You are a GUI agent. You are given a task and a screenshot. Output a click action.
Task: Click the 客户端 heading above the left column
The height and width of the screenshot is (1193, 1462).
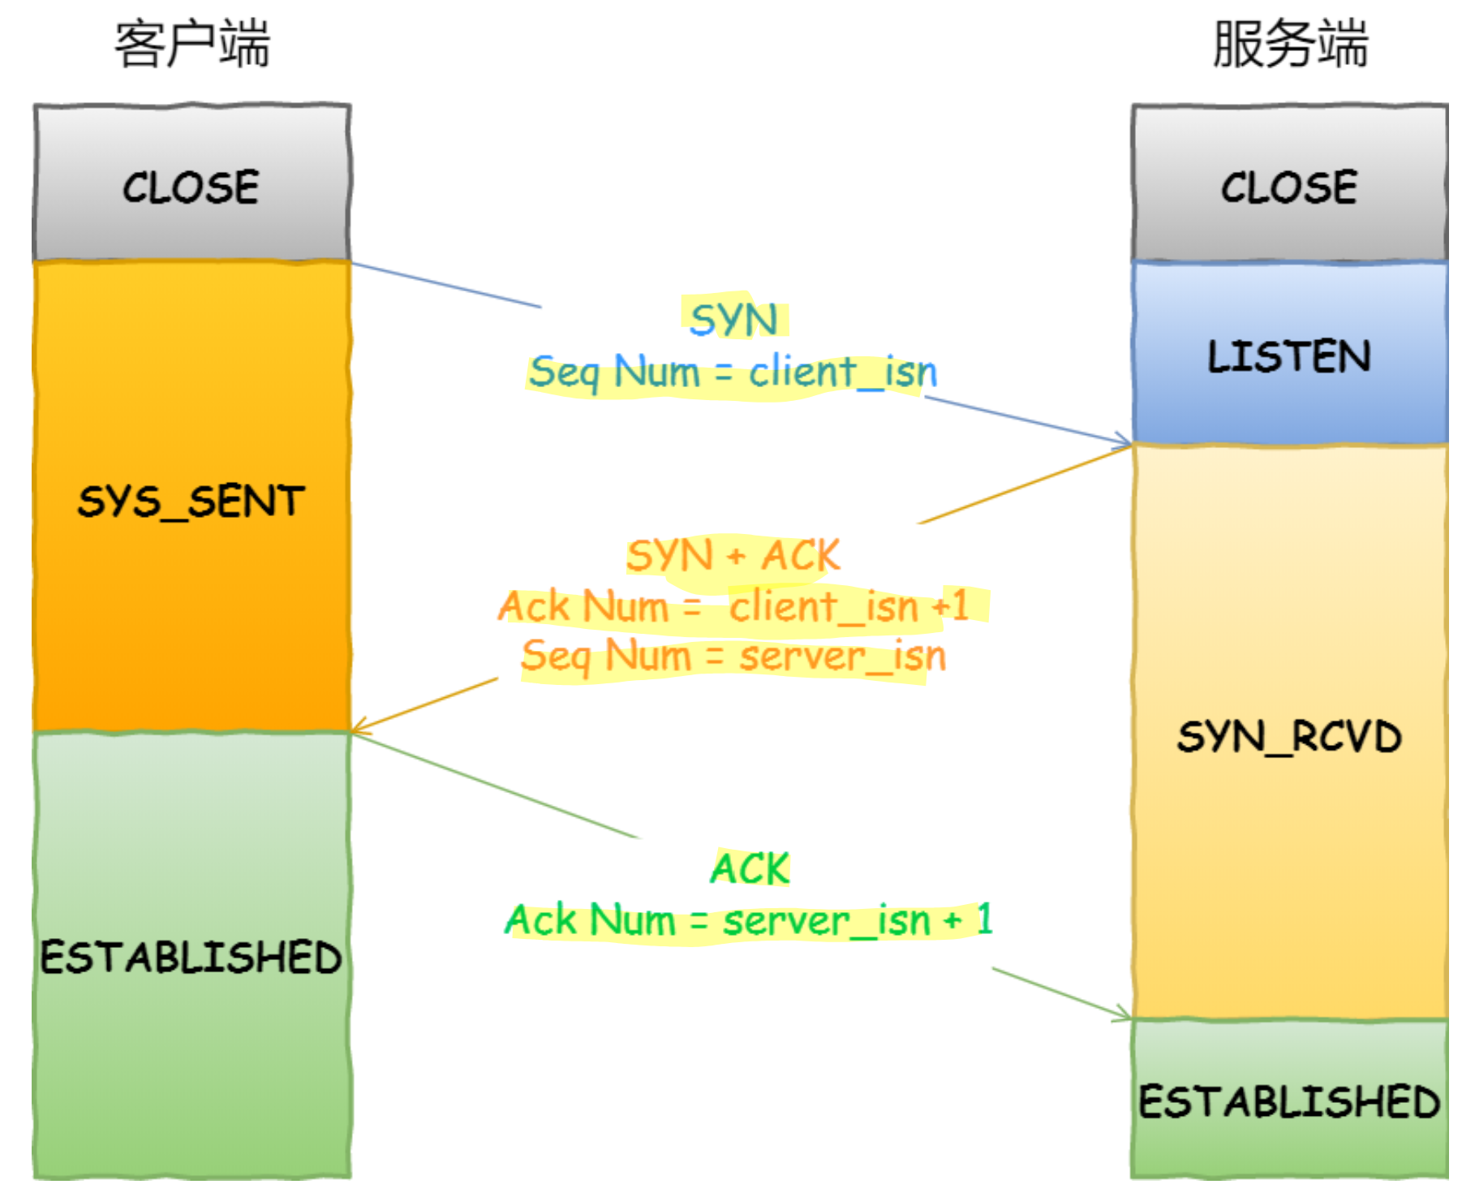click(191, 44)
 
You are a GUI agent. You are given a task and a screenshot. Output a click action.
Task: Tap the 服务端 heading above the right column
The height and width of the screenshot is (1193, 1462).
click(1289, 44)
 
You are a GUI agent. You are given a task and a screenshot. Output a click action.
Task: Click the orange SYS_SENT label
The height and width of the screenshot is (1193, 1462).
click(191, 501)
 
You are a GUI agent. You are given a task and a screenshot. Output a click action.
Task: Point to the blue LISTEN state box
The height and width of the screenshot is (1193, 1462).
click(1289, 355)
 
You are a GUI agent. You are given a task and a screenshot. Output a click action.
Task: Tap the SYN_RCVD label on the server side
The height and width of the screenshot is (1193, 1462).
click(1289, 736)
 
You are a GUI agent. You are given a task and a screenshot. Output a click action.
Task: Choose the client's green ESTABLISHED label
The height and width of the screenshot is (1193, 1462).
click(191, 957)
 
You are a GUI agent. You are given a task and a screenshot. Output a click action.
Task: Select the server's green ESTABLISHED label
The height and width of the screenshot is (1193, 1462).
click(1289, 1101)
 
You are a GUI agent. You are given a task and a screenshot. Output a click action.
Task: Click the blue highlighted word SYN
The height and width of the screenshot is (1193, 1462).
click(733, 319)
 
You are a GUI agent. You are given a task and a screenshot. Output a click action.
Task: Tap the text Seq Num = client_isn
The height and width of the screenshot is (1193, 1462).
click(733, 373)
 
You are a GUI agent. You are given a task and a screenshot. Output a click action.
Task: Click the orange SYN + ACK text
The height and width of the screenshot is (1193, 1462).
click(733, 556)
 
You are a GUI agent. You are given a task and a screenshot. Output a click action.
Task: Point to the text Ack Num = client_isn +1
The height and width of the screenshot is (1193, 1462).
click(733, 606)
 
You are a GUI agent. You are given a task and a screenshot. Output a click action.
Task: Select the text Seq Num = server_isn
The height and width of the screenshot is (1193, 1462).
click(733, 656)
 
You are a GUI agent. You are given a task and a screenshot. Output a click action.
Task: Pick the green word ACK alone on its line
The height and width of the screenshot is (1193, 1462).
click(750, 868)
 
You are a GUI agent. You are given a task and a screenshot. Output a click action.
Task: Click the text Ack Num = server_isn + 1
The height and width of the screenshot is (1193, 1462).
click(748, 920)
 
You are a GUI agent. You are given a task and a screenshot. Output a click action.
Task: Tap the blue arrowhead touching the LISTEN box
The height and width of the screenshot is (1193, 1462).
click(1124, 442)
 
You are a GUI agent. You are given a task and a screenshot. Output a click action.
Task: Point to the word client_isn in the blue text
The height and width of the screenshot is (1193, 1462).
click(842, 373)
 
